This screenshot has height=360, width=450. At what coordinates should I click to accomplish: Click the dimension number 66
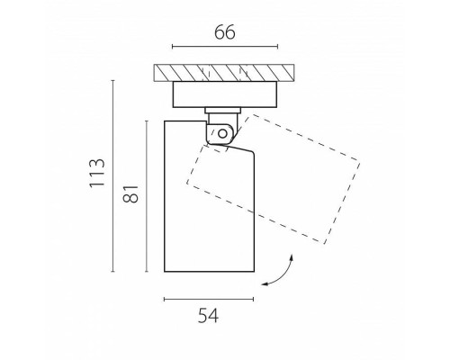tap(225, 32)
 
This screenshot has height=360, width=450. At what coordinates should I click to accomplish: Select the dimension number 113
tap(97, 173)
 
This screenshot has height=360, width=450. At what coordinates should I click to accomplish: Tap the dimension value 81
tap(130, 194)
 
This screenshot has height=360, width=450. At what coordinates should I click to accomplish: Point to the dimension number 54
tap(208, 316)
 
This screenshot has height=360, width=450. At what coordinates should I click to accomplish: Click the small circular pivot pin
tap(222, 133)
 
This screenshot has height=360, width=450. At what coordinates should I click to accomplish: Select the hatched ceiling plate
tap(224, 73)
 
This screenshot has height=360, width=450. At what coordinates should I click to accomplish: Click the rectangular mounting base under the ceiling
tap(225, 94)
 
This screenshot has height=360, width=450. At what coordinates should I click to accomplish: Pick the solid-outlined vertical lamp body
tap(165, 196)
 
